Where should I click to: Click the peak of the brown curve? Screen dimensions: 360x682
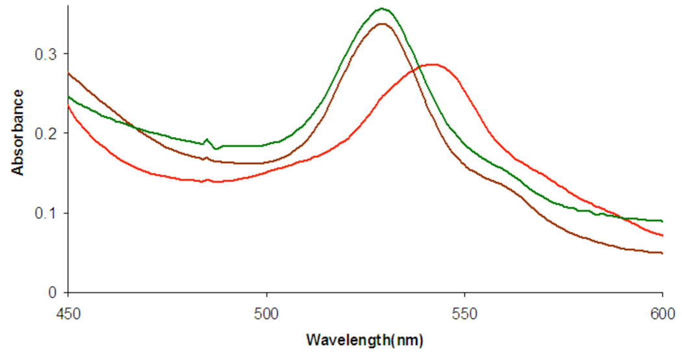[x=382, y=24]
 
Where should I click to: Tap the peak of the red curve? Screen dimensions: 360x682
[x=431, y=64]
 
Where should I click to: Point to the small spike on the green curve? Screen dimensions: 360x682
[x=207, y=139]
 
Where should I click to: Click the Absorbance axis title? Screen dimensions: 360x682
[x=18, y=133]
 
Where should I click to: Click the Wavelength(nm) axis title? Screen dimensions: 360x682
[x=366, y=339]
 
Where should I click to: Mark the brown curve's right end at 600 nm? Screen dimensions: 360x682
[x=662, y=253]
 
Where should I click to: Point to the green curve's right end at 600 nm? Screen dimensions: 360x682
[x=662, y=221]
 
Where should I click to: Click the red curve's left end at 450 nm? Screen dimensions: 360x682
[x=69, y=106]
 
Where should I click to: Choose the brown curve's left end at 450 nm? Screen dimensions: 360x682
[x=69, y=73]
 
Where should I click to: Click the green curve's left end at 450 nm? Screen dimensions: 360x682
[x=69, y=96]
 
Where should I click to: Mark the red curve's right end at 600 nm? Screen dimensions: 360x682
[x=662, y=235]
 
